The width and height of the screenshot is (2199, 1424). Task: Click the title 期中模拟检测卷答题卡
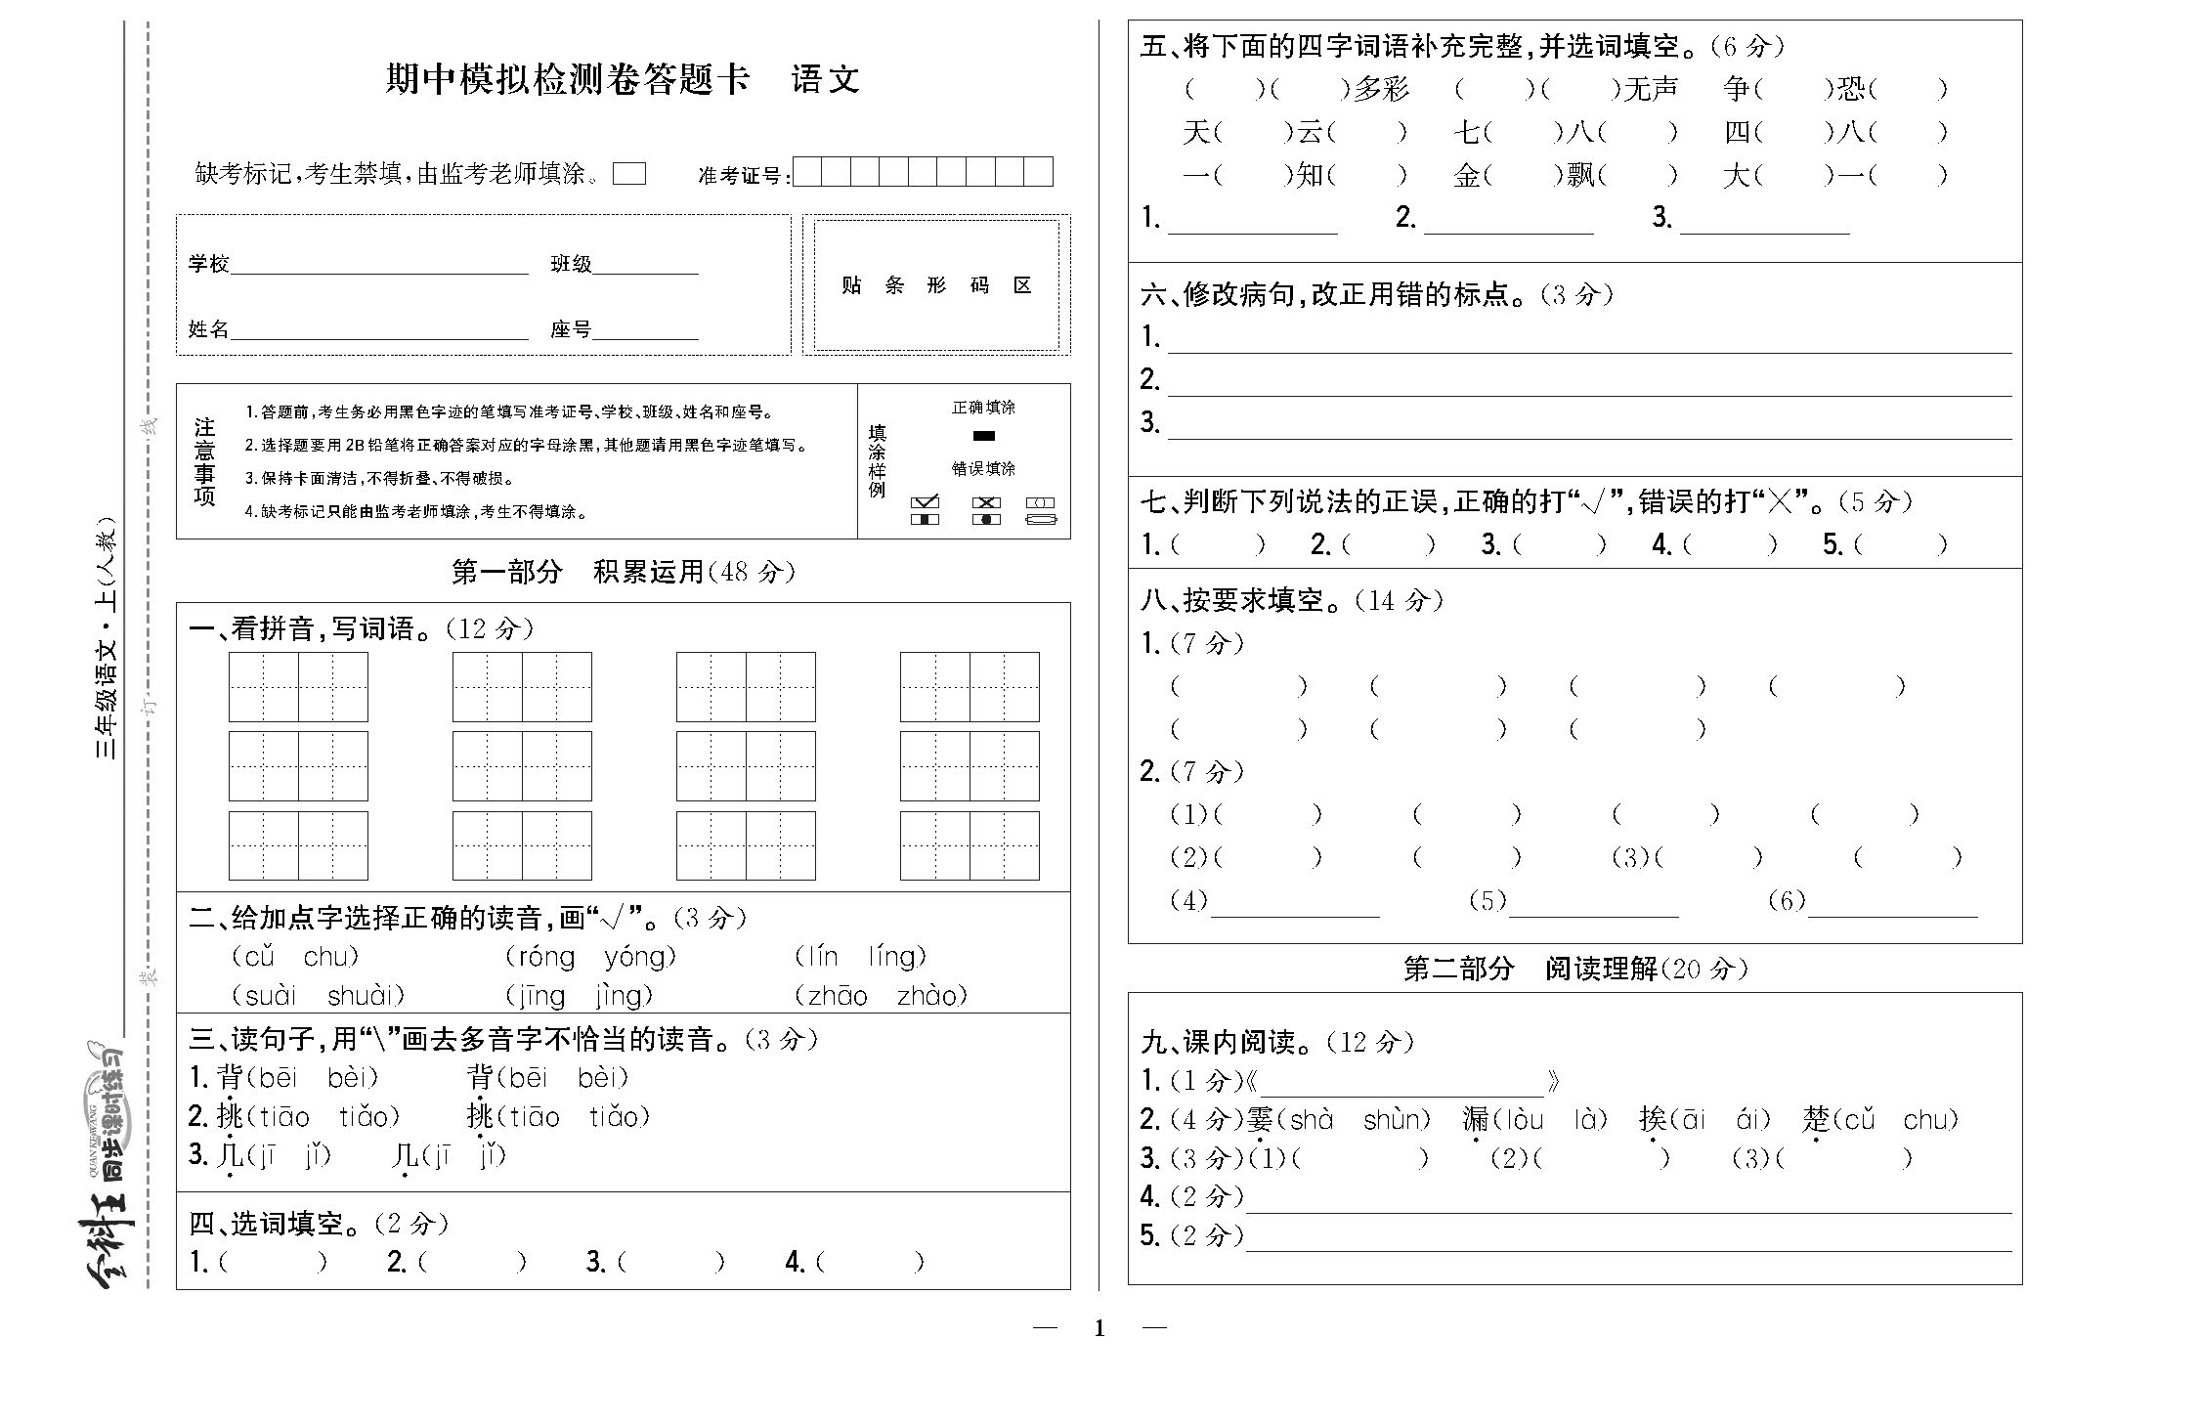click(x=567, y=79)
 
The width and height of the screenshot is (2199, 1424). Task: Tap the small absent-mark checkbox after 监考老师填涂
click(x=629, y=174)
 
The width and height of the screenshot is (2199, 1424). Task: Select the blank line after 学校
click(x=379, y=266)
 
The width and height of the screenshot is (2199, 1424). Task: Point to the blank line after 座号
click(x=645, y=331)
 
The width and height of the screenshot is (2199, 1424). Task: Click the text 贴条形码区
click(x=936, y=285)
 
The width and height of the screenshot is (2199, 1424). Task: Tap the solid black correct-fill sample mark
click(x=983, y=436)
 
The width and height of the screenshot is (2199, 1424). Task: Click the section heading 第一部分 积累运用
click(x=623, y=572)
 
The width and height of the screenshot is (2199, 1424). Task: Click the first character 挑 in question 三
click(x=230, y=1116)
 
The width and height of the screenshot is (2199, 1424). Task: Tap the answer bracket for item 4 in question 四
click(x=869, y=1263)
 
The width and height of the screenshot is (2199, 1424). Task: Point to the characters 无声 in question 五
click(x=1651, y=90)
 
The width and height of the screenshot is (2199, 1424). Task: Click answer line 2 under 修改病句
click(x=1588, y=383)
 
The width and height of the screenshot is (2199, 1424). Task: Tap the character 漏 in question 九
click(x=1476, y=1120)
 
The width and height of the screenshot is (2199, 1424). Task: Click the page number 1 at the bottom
click(x=1099, y=1328)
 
